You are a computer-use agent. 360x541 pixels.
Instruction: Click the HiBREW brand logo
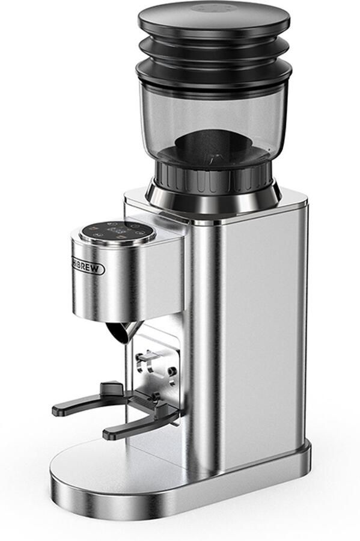(x=88, y=265)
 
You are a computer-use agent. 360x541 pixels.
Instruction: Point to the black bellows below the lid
(x=213, y=54)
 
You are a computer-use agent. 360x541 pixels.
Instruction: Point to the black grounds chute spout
(x=124, y=331)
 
